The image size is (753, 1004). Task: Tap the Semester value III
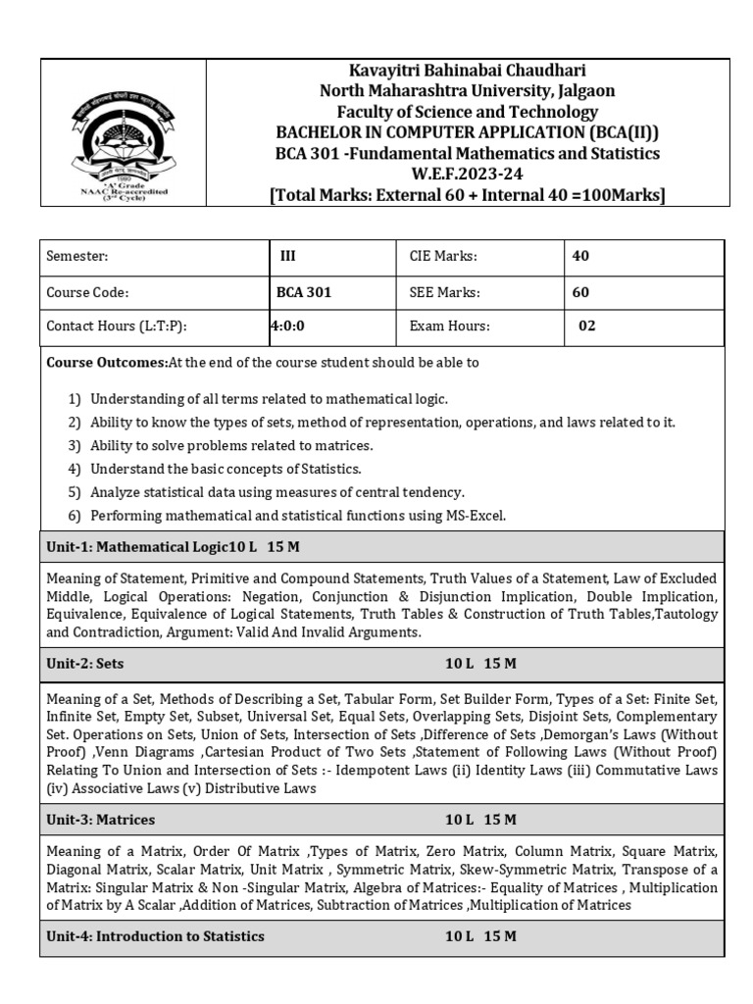click(287, 257)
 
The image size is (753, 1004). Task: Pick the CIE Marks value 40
click(580, 257)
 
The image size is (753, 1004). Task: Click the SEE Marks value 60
click(580, 292)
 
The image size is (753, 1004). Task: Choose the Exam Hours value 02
click(586, 326)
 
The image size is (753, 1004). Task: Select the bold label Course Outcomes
click(107, 363)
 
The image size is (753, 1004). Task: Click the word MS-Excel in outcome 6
click(479, 516)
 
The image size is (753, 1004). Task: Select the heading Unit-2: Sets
click(85, 664)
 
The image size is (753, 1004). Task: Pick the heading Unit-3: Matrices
click(101, 819)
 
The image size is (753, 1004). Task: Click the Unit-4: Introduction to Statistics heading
click(155, 936)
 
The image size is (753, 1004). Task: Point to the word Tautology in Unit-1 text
click(684, 615)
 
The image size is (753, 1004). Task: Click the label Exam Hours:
click(449, 326)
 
